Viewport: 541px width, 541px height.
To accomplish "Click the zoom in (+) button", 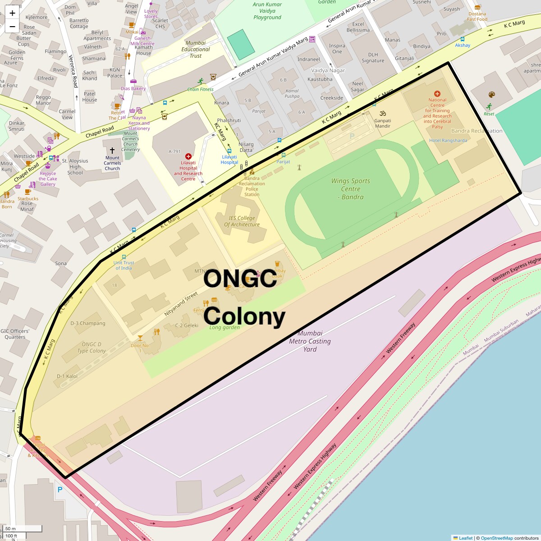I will (x=12, y=13).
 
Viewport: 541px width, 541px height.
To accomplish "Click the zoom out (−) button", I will (x=12, y=26).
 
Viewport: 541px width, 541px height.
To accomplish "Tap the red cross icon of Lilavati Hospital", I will (x=188, y=156).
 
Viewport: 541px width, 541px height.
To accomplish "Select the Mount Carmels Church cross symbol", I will (x=112, y=151).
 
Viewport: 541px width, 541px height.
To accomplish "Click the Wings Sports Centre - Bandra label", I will (x=351, y=188).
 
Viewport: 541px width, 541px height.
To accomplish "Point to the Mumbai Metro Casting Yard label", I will (x=310, y=341).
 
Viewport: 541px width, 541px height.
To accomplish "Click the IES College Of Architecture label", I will (x=242, y=221).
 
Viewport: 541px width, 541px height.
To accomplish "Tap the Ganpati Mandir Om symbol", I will (x=383, y=113).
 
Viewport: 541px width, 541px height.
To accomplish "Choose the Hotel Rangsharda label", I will (x=448, y=140).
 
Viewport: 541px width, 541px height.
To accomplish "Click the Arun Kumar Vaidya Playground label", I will (x=267, y=11).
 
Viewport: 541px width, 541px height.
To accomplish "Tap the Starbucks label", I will (x=28, y=198).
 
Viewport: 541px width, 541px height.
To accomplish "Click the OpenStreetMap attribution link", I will (x=496, y=538).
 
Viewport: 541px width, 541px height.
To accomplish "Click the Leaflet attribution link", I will (x=466, y=538).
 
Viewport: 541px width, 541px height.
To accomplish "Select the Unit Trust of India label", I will (x=124, y=265).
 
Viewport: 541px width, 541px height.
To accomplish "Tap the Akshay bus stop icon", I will (x=463, y=39).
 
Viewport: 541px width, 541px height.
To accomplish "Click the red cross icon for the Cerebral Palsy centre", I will (x=437, y=94).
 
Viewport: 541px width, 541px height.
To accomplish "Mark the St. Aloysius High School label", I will (x=75, y=166).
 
